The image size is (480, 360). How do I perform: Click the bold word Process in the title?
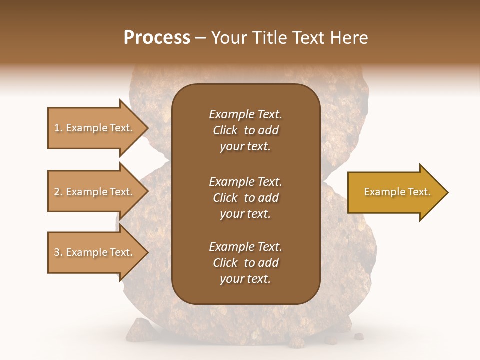click(157, 38)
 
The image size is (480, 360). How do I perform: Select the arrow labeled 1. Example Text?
click(95, 128)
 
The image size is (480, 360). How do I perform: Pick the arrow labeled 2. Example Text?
click(95, 192)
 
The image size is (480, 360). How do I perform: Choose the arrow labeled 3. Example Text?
click(95, 252)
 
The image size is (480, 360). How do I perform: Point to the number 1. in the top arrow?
click(59, 128)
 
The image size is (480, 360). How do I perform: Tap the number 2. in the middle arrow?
click(59, 192)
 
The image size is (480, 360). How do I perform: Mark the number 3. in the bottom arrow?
click(59, 252)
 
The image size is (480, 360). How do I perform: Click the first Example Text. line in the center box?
click(245, 114)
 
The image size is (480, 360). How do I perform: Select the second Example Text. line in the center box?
click(245, 181)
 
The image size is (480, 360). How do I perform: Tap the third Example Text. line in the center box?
click(245, 247)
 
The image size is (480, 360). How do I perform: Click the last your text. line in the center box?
click(245, 279)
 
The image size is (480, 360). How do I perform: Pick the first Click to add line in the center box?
click(245, 130)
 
